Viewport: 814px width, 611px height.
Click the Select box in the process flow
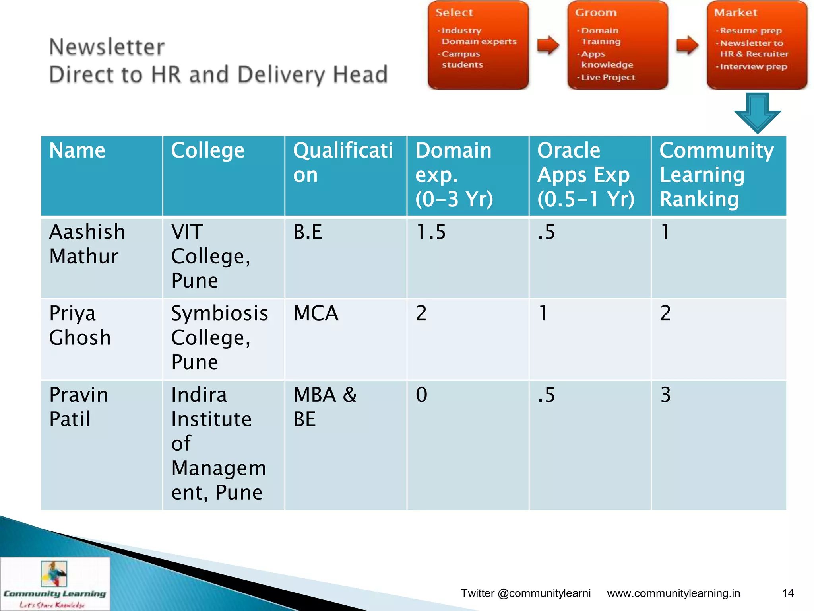point(478,45)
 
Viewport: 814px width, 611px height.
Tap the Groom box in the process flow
point(617,45)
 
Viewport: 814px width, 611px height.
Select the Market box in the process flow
point(757,45)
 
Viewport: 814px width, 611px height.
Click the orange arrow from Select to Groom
point(548,45)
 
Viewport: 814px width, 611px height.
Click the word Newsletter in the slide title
point(107,47)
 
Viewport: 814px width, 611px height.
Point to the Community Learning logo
point(55,583)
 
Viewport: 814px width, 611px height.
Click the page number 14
point(788,593)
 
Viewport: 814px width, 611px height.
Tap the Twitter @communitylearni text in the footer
point(525,593)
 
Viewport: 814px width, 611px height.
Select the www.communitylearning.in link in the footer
point(673,593)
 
